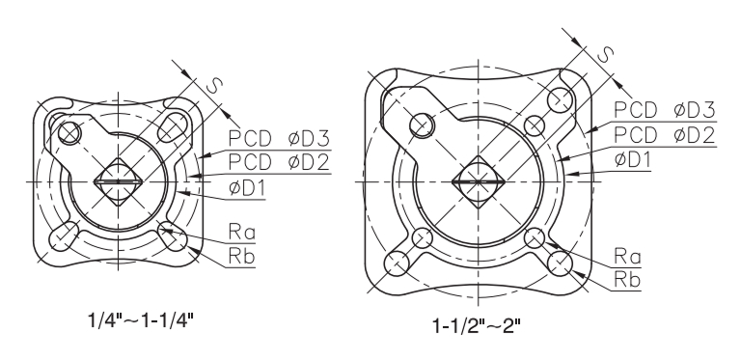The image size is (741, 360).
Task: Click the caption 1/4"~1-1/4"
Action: [x=141, y=320]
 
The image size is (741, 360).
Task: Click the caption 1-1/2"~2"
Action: [x=477, y=325]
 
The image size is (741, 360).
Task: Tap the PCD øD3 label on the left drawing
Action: [x=279, y=138]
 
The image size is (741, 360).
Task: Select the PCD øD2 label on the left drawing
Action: [x=279, y=162]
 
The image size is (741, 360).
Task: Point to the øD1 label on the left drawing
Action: [x=247, y=187]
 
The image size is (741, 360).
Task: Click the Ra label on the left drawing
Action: [x=241, y=232]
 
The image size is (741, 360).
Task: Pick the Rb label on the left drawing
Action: [x=241, y=256]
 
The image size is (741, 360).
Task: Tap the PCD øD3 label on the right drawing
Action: [x=665, y=110]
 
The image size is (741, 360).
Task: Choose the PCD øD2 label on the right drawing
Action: [x=665, y=135]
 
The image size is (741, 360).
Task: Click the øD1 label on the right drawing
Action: [x=632, y=159]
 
